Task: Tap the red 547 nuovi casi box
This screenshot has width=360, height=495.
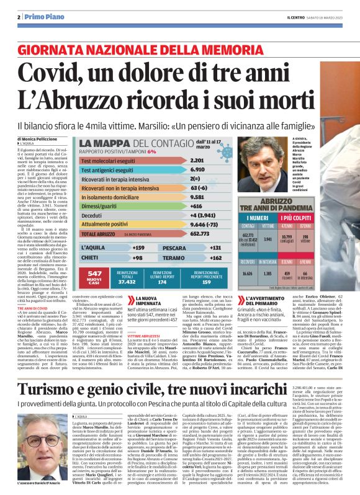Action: [x=95, y=276]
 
